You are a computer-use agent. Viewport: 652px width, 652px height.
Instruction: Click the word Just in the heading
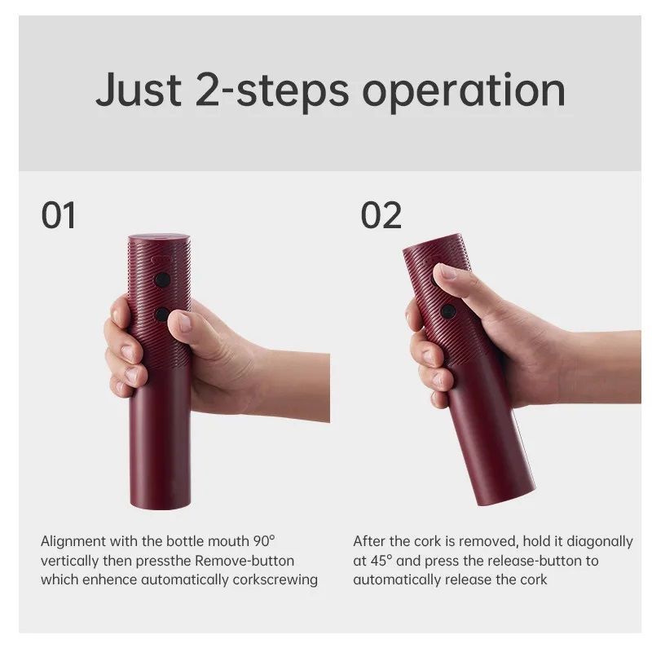(138, 90)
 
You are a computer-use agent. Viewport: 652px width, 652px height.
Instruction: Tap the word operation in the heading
(464, 92)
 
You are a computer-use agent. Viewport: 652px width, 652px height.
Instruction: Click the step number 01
(59, 215)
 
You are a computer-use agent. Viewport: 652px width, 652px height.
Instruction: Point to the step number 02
(381, 215)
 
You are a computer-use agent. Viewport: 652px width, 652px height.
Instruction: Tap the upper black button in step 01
(162, 280)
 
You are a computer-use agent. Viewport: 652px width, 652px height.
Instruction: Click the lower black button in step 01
(162, 314)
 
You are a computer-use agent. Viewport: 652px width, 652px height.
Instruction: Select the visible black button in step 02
(448, 311)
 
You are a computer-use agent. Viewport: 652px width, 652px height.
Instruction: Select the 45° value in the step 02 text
(382, 561)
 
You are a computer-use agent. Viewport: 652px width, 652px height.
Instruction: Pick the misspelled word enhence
(109, 580)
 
